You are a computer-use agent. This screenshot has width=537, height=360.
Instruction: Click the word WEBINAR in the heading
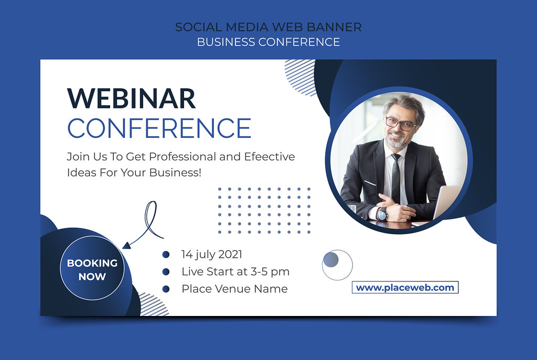[x=131, y=98]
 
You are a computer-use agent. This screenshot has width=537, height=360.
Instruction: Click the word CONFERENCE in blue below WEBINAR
[x=159, y=128]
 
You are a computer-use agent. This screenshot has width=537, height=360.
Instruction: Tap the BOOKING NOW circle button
[x=92, y=268]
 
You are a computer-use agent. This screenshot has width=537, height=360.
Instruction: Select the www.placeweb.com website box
[x=405, y=288]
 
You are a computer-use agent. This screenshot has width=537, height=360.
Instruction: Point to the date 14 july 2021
[x=212, y=254]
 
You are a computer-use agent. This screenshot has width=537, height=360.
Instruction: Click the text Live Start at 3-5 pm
[x=235, y=271]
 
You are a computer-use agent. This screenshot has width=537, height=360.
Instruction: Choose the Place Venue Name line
[x=234, y=289]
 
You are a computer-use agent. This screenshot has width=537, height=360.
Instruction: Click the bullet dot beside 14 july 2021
[x=166, y=254]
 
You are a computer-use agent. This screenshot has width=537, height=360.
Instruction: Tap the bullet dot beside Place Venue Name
[x=166, y=289]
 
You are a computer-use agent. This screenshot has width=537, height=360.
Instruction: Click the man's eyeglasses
[x=401, y=124]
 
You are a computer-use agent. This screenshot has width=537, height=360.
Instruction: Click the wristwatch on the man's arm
[x=382, y=214]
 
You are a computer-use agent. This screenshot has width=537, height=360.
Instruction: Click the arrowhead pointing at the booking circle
[x=127, y=245]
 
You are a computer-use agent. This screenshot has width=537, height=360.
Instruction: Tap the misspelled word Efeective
[x=269, y=156]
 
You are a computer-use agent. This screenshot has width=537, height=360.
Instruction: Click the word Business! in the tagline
[x=175, y=172]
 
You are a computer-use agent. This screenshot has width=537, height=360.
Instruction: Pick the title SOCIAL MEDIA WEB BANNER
[x=268, y=27]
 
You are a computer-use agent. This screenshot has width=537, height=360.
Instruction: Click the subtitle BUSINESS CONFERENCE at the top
[x=268, y=42]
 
